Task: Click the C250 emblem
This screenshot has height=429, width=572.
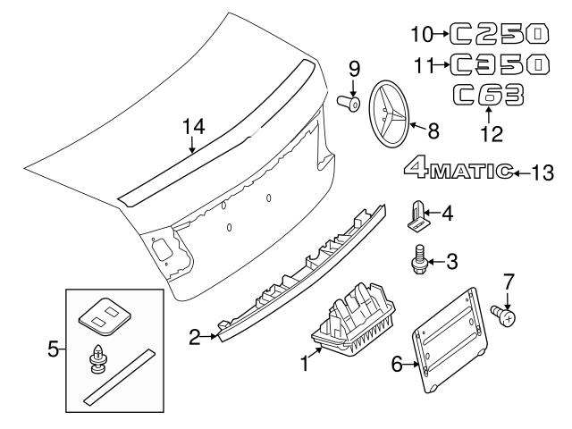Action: (x=499, y=34)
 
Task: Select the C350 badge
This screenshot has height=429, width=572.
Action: (x=499, y=64)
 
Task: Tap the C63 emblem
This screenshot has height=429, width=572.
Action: (x=489, y=95)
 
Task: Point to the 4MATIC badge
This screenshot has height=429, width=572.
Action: (x=458, y=168)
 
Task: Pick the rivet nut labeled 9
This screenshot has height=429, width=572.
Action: (x=349, y=104)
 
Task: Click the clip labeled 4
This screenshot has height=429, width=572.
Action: (x=418, y=215)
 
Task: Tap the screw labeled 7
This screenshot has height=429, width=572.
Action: (x=503, y=315)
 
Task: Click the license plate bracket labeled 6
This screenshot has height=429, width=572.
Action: (x=450, y=340)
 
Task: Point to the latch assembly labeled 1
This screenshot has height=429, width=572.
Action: (x=353, y=318)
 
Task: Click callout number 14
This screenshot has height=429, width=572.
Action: (x=194, y=127)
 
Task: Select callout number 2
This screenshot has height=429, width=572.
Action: (x=195, y=337)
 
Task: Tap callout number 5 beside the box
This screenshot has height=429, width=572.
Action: (x=53, y=349)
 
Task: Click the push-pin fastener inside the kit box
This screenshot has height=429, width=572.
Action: (x=97, y=359)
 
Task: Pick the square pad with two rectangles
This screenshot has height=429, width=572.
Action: (x=105, y=315)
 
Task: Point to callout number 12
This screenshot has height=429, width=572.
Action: (x=492, y=133)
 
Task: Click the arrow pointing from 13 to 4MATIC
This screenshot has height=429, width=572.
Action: (x=522, y=173)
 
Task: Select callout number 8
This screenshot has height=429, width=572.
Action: (x=433, y=130)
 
